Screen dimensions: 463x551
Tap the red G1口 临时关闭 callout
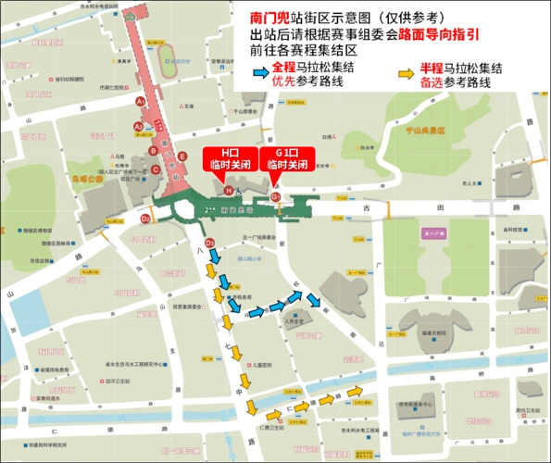click(284, 158)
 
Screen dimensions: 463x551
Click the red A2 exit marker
click(139, 126)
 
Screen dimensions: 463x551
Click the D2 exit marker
click(145, 219)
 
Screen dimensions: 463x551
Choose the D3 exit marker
click(210, 243)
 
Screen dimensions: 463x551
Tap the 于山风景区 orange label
click(425, 131)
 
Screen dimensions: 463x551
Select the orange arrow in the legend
click(404, 73)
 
